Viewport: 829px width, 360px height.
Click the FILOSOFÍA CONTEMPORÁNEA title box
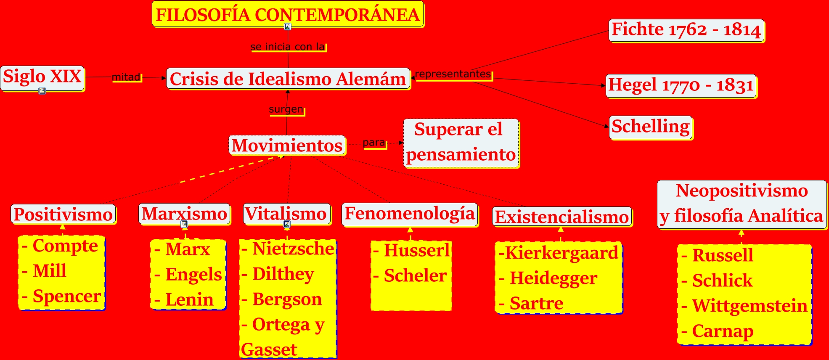(288, 14)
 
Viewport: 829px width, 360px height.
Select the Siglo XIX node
(42, 77)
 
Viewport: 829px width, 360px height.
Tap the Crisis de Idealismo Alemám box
(288, 79)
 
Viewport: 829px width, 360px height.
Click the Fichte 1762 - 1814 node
(686, 30)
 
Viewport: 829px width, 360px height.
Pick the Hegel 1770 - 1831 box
(681, 86)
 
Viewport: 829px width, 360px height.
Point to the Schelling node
(650, 127)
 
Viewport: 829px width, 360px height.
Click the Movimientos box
(287, 146)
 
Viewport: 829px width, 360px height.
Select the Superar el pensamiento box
(461, 143)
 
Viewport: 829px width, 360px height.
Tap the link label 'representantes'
(453, 74)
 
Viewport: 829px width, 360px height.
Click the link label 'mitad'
(126, 77)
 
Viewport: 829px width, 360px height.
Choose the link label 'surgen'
(286, 110)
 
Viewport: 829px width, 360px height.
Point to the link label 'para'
(374, 143)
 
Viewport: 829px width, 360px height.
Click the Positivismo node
(63, 214)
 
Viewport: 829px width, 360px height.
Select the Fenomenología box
(410, 214)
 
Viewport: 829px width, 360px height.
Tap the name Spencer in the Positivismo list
(66, 296)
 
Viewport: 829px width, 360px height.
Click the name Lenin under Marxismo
(189, 300)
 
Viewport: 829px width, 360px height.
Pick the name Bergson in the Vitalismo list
(287, 299)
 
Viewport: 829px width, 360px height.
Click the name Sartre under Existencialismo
(536, 304)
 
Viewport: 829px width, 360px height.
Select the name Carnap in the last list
(723, 331)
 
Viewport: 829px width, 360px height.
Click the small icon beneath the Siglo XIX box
(42, 91)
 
